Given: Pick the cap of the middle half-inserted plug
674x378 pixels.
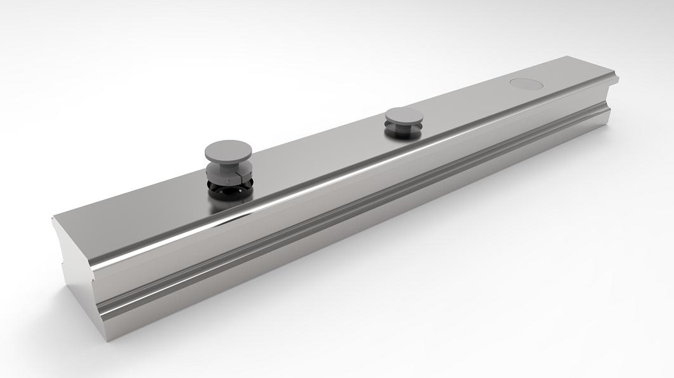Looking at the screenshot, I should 405,116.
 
